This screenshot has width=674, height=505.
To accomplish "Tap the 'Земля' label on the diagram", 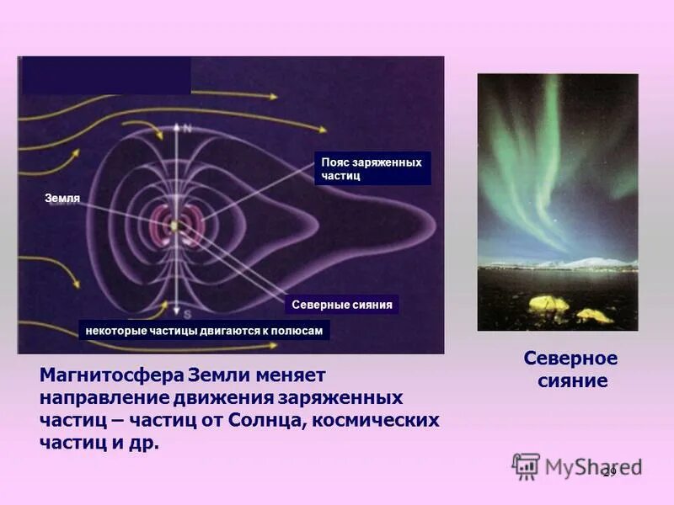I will pyautogui.click(x=62, y=199).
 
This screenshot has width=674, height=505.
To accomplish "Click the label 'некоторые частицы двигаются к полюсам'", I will pyautogui.click(x=204, y=331).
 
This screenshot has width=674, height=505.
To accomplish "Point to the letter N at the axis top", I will pyautogui.click(x=187, y=128).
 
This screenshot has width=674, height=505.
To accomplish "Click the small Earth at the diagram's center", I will pyautogui.click(x=175, y=226).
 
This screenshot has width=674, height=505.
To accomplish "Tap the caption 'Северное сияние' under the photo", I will pyautogui.click(x=570, y=369).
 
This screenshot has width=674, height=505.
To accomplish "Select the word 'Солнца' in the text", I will pyautogui.click(x=265, y=419).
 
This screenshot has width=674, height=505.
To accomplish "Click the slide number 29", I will pyautogui.click(x=609, y=471).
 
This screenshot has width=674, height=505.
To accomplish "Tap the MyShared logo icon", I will pyautogui.click(x=526, y=466).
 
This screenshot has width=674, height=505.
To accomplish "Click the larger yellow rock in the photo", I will pyautogui.click(x=548, y=302).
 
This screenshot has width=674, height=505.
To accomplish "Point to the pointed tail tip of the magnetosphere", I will pyautogui.click(x=434, y=225).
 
